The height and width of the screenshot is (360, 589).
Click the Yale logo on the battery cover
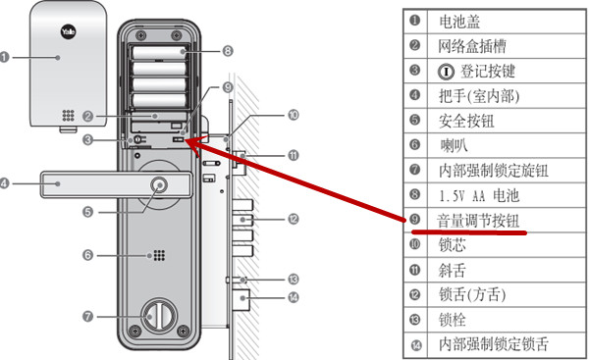[x=68, y=31]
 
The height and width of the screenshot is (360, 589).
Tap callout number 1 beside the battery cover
[x=4, y=58]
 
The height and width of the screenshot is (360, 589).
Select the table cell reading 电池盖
[x=459, y=22]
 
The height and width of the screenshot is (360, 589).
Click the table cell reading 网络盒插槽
[x=472, y=46]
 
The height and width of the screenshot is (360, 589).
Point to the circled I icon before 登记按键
[x=446, y=71]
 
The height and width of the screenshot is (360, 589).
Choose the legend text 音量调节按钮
[x=478, y=221]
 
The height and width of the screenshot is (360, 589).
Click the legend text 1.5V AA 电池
[x=479, y=195]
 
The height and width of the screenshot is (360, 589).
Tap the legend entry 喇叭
[x=454, y=145]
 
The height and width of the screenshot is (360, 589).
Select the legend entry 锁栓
[x=452, y=320]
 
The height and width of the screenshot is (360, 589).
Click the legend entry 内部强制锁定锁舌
[x=494, y=344]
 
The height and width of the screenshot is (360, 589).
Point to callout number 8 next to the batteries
[x=228, y=51]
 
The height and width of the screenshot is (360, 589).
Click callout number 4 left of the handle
[x=4, y=183]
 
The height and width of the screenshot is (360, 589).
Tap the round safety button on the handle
[x=159, y=185]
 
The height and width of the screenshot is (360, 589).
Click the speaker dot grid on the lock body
[x=159, y=255]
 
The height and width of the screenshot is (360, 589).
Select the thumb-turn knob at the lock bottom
[x=158, y=315]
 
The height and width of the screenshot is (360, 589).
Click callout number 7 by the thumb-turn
[x=87, y=316]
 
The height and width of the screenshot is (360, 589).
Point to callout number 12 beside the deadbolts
[x=293, y=219]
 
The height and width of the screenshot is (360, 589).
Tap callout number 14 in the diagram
[x=293, y=297]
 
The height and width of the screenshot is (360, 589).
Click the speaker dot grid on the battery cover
[x=68, y=115]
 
